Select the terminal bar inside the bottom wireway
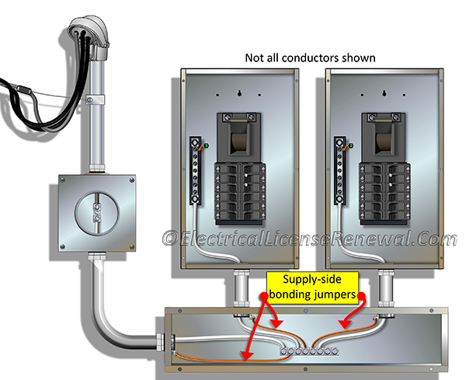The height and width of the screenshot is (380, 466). click(x=307, y=350)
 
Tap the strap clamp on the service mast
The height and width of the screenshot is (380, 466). click(x=96, y=99)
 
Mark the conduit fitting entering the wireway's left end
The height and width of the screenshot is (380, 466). click(x=160, y=340)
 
